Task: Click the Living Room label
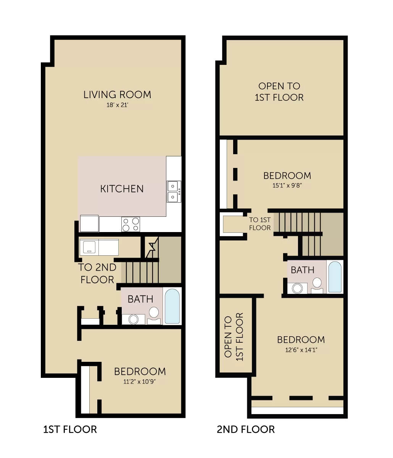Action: pos(117,95)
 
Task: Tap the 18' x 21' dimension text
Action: pos(117,105)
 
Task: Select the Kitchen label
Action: pos(122,189)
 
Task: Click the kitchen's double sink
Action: pos(174,192)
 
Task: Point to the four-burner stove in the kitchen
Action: pos(131,224)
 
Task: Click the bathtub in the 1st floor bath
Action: pos(172,306)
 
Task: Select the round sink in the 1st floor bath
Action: pos(134,319)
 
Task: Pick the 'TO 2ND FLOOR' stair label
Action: pos(97,273)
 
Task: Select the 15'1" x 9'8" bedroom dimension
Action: pos(287,185)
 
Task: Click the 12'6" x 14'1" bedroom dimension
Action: pos(301,350)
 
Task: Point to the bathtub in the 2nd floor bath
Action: pos(335,277)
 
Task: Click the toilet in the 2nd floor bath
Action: pos(317,285)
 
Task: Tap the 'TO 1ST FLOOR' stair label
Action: pos(260,224)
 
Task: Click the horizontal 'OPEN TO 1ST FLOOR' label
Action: pos(279,92)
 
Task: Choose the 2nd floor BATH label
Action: pos(303,270)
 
